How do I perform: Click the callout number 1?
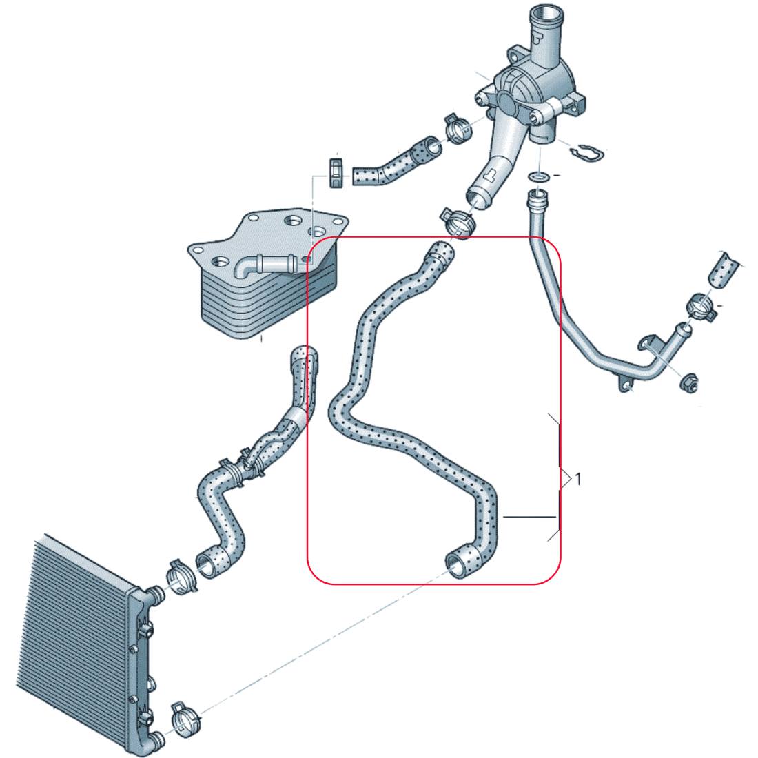577,480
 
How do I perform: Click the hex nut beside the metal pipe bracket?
689,383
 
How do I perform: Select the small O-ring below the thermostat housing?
538,176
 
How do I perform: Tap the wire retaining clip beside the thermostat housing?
587,153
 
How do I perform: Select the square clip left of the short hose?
336,172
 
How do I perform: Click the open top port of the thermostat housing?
546,13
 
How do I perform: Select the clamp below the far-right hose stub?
701,307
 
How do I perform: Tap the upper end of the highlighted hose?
440,252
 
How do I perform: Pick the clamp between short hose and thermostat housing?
458,128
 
